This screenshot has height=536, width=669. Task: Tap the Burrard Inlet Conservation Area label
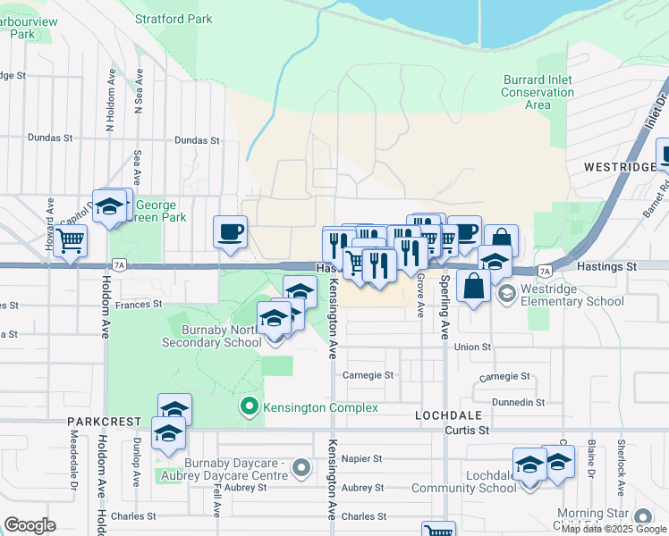click(538, 92)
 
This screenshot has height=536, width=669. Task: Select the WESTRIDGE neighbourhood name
click(619, 167)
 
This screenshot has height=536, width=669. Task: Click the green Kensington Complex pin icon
click(250, 407)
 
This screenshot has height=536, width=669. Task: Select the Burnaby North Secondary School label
click(211, 340)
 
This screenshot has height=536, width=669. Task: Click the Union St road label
click(473, 347)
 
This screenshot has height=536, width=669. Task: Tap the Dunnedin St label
click(523, 402)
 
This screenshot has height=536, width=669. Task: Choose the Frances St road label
click(139, 305)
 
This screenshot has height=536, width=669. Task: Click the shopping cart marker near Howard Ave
click(70, 240)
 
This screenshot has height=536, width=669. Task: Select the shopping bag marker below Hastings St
click(473, 286)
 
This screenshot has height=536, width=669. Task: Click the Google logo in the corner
click(30, 525)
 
